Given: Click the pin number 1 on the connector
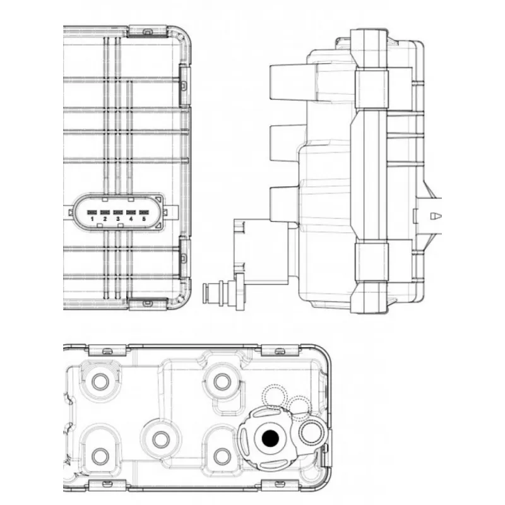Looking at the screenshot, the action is (x=92, y=219).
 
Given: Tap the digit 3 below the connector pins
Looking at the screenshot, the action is (x=118, y=219).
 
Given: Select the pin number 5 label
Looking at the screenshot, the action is (x=144, y=219).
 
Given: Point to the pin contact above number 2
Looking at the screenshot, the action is (x=105, y=212).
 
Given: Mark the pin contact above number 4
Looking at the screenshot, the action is (x=131, y=212).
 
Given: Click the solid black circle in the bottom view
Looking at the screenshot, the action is (x=270, y=438).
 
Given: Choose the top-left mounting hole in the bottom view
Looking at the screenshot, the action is (x=100, y=382).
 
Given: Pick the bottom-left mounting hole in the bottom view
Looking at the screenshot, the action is (x=100, y=456).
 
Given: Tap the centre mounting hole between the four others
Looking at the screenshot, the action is (x=161, y=439).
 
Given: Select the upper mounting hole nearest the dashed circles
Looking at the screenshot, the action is (x=222, y=382).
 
